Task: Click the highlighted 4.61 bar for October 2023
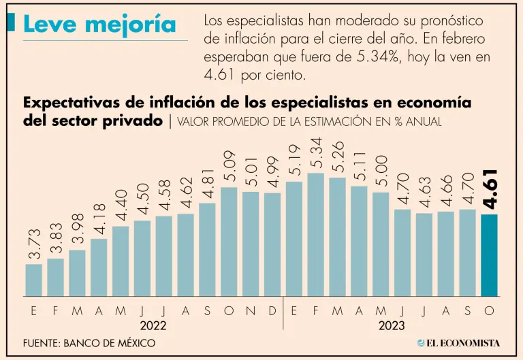click(489, 255)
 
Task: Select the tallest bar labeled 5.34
click(315, 235)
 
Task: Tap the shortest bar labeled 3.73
click(33, 280)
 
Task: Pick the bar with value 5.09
click(229, 242)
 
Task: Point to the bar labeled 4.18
click(99, 267)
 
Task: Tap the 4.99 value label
click(272, 173)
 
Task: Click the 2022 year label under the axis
click(153, 325)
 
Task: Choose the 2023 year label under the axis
click(392, 325)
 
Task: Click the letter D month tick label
click(272, 311)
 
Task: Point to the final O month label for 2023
click(489, 311)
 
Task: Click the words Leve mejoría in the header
click(99, 25)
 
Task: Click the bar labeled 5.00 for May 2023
click(381, 244)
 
